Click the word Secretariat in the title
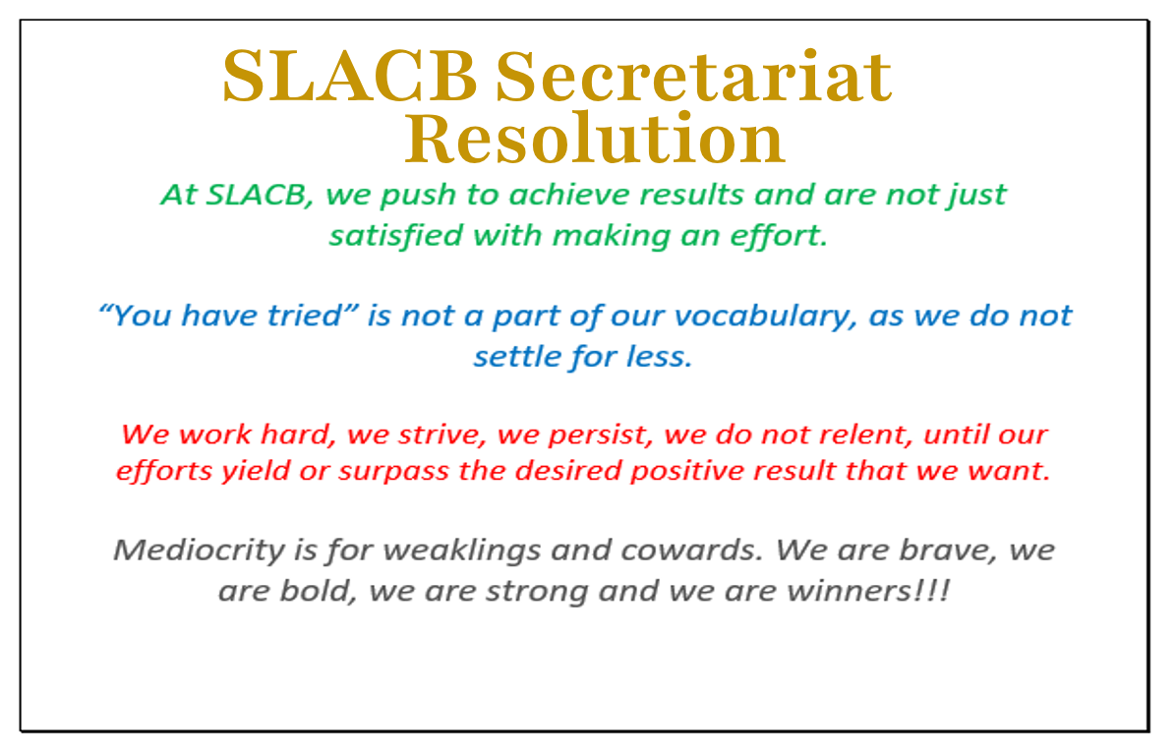tap(694, 77)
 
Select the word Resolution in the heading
tap(595, 139)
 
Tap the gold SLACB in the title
tap(350, 77)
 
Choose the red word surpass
tap(393, 472)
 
